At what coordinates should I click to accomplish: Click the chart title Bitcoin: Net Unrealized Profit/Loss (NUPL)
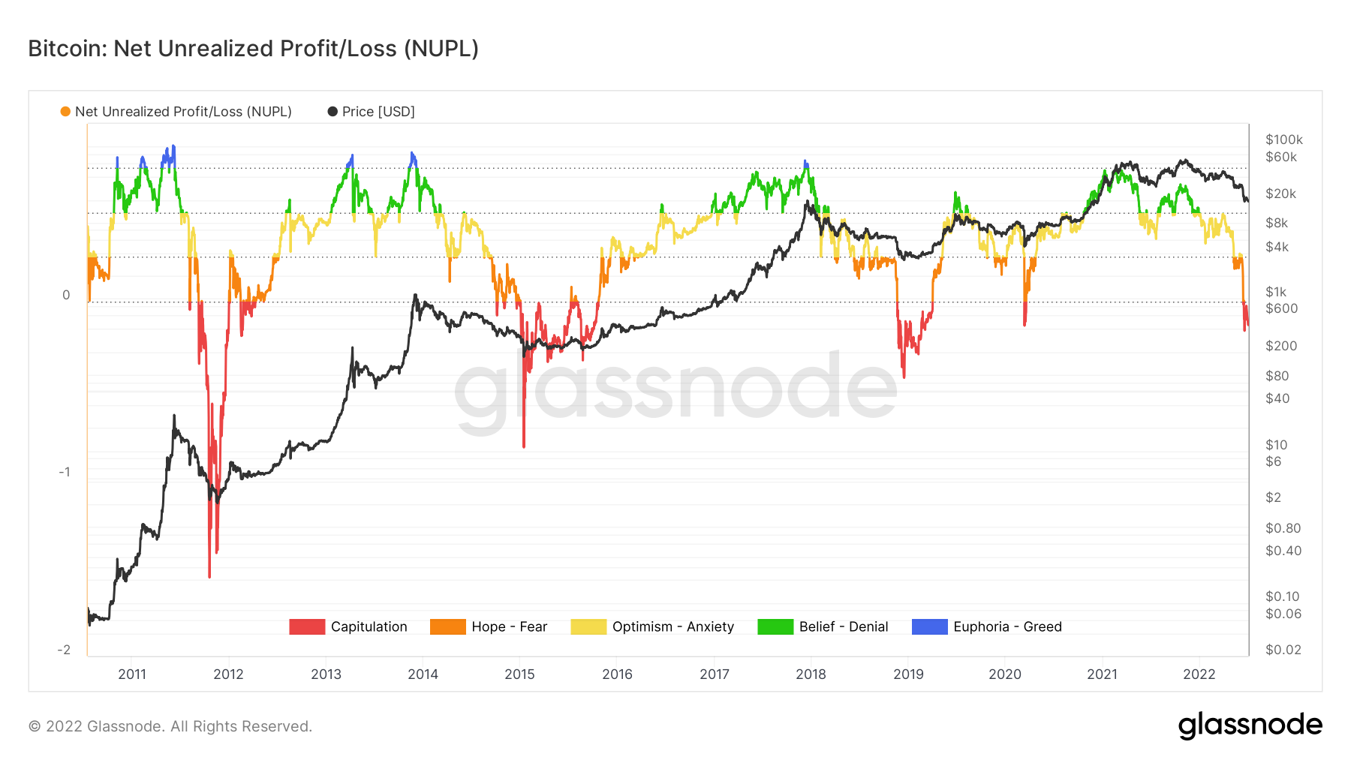click(x=253, y=49)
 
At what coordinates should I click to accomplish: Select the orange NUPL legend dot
click(x=65, y=112)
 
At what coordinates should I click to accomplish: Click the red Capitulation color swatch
click(x=307, y=626)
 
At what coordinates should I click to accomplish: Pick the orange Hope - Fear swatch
click(x=447, y=626)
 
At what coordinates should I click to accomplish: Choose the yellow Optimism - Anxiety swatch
click(x=588, y=626)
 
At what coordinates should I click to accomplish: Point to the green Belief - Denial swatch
click(x=775, y=626)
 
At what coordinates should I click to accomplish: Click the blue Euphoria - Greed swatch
click(x=929, y=626)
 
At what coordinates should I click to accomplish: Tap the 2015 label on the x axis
click(x=519, y=674)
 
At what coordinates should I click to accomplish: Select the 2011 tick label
click(x=132, y=674)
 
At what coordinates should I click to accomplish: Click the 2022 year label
click(x=1199, y=674)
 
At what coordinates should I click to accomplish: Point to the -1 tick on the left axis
click(x=65, y=472)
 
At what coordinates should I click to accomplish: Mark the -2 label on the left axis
click(x=64, y=650)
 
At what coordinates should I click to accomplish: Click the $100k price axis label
click(x=1283, y=140)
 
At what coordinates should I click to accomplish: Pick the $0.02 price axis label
click(x=1283, y=650)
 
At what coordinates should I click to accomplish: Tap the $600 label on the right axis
click(x=1281, y=308)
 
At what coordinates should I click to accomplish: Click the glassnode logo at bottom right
click(x=1250, y=725)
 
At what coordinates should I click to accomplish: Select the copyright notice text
click(x=170, y=726)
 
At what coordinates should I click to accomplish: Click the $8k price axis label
click(x=1276, y=223)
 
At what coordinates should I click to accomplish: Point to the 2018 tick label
click(x=811, y=674)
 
